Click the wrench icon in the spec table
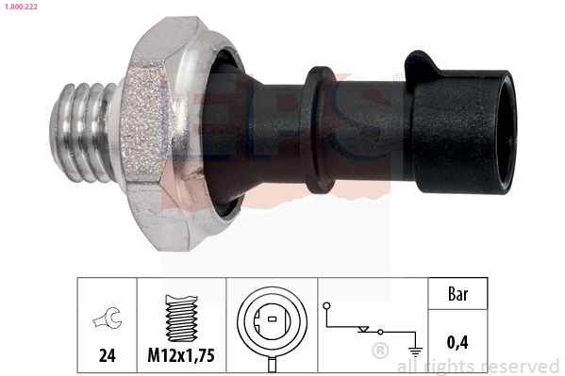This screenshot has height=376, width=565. point(107,321)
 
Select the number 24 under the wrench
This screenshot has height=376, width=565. point(107,356)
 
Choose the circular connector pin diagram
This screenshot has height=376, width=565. point(272,320)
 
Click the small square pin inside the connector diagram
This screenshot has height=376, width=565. point(272,320)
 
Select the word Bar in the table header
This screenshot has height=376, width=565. point(457,295)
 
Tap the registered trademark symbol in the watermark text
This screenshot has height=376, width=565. point(379,351)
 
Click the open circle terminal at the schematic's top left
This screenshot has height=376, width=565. point(326,306)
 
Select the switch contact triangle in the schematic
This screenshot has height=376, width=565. point(362,331)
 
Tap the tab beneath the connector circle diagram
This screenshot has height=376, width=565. point(272,362)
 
